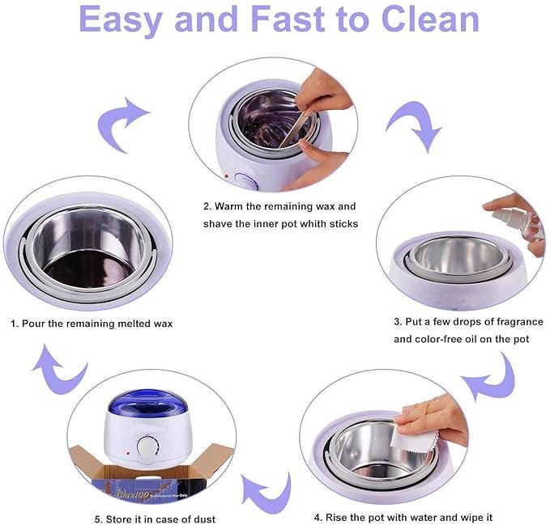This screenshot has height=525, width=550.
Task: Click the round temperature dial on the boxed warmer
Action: tap(147, 447)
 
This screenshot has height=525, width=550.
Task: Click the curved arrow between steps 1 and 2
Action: tap(122, 124)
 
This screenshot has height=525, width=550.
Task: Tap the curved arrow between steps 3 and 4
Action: tap(491, 378)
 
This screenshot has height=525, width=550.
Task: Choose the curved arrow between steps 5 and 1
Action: tap(61, 369)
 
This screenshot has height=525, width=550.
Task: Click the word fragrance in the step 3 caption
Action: tap(503, 321)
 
